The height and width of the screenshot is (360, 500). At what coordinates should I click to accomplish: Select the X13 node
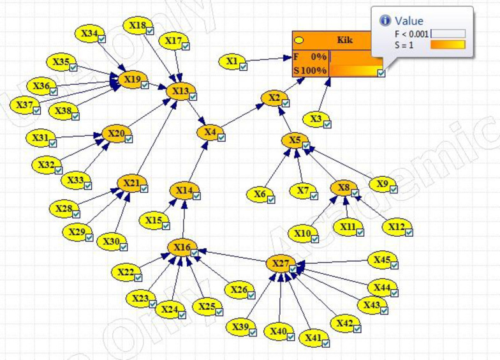pyautogui.click(x=180, y=92)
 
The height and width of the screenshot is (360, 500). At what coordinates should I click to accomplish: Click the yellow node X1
pyautogui.click(x=232, y=61)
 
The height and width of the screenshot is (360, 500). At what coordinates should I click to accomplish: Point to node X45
pyautogui.click(x=382, y=260)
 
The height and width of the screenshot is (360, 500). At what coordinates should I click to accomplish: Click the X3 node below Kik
pyautogui.click(x=315, y=119)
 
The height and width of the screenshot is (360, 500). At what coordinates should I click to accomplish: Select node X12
pyautogui.click(x=396, y=227)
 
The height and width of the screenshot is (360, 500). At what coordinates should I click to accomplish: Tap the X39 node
pyautogui.click(x=240, y=327)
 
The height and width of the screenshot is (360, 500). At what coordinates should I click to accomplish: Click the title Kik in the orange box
pyautogui.click(x=344, y=40)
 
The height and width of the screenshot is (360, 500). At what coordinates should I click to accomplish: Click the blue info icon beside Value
pyautogui.click(x=385, y=21)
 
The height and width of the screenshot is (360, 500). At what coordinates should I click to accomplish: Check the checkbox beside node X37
pyautogui.click(x=37, y=110)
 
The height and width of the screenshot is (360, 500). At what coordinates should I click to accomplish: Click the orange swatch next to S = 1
pyautogui.click(x=448, y=45)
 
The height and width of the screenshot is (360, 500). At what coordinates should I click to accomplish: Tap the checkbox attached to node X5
pyautogui.click(x=306, y=146)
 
